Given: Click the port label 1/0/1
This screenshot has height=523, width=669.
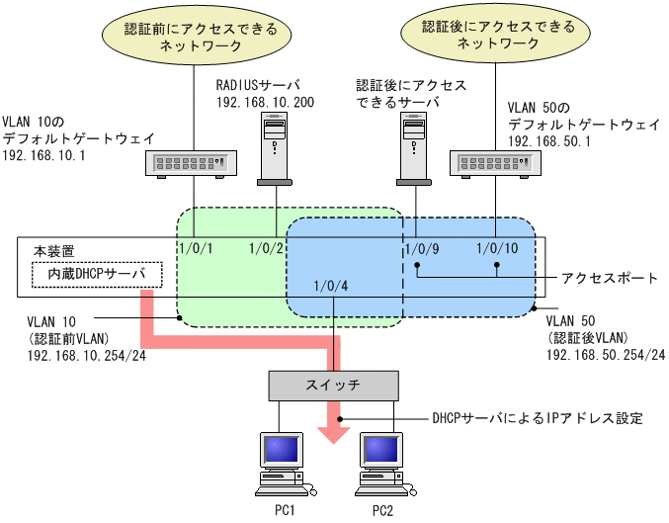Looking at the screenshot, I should [x=194, y=249].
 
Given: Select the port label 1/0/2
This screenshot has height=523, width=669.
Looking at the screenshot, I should [x=268, y=249].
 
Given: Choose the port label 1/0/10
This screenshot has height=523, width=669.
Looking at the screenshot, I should [x=496, y=249].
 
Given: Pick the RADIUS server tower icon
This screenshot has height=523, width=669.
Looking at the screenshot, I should [x=274, y=148].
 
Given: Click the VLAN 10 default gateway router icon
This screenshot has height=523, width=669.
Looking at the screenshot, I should [x=192, y=162].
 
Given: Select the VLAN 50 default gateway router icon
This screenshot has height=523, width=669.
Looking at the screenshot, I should [x=492, y=162].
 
